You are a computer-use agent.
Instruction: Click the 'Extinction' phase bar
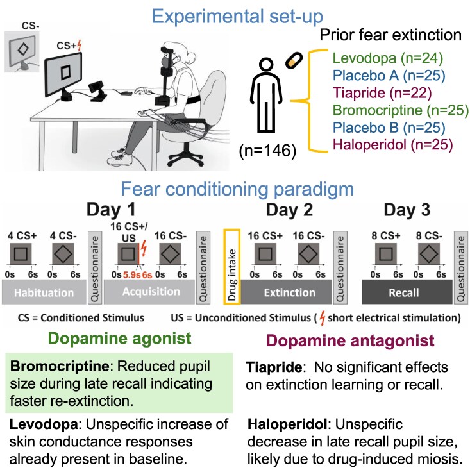tap(290, 292)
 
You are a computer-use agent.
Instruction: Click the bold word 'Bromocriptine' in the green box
tap(49, 367)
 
